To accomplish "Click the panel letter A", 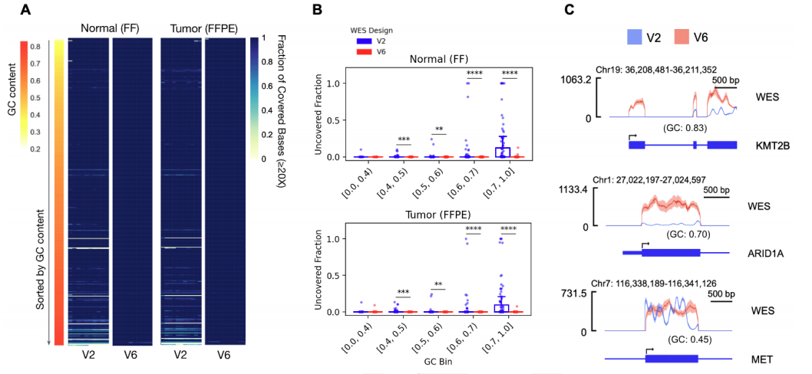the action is point(25,10).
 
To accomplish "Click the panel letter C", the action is point(583,10).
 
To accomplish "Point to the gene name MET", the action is point(762,359).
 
